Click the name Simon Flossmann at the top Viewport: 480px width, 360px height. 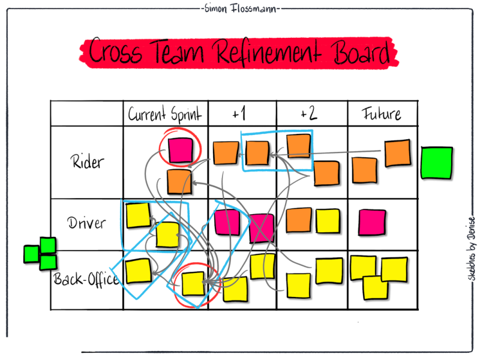(241, 9)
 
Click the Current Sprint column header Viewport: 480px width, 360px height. (165, 114)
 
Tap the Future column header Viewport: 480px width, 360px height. (382, 113)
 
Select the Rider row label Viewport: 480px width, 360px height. (87, 161)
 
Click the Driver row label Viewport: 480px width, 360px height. (86, 223)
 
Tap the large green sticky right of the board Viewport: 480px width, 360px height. (436, 163)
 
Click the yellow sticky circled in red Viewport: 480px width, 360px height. (193, 283)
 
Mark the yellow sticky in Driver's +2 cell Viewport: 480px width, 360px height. (327, 220)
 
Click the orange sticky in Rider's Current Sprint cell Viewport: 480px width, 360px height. (179, 181)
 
